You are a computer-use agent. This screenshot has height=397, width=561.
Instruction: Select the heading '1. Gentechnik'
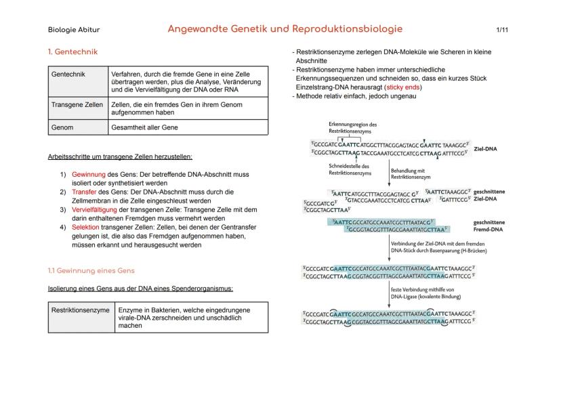click(x=73, y=52)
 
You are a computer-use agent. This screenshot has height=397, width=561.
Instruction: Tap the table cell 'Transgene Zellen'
click(x=77, y=105)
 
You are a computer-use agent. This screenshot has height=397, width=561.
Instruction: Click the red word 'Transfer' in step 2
click(x=85, y=192)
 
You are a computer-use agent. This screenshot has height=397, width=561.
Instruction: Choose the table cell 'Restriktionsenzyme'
click(x=81, y=310)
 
